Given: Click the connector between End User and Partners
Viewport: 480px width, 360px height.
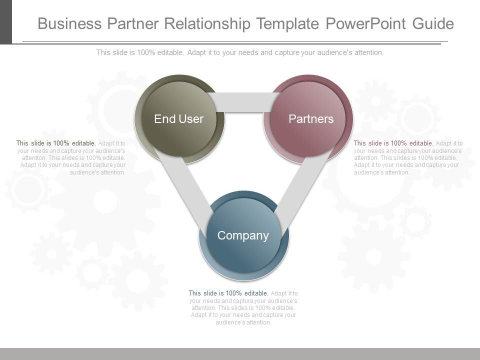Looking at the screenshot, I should click(x=243, y=102).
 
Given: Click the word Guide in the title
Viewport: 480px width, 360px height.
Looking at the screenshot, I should click(x=433, y=23).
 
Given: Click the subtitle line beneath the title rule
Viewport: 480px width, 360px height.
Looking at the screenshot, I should click(x=240, y=52).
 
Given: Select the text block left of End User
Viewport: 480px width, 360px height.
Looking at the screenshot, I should click(x=70, y=157).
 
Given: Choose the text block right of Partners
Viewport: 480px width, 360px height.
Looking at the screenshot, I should click(x=407, y=157).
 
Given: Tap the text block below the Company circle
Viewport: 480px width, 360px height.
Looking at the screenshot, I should click(x=243, y=307).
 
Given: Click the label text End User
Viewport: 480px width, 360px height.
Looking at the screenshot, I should click(x=178, y=119).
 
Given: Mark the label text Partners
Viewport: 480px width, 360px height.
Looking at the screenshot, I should click(x=311, y=119).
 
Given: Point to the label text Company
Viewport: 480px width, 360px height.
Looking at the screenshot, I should click(x=243, y=235).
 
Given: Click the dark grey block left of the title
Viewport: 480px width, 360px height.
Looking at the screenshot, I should click(x=5, y=21).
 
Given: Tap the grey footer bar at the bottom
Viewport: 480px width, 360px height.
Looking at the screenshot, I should click(x=240, y=353).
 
